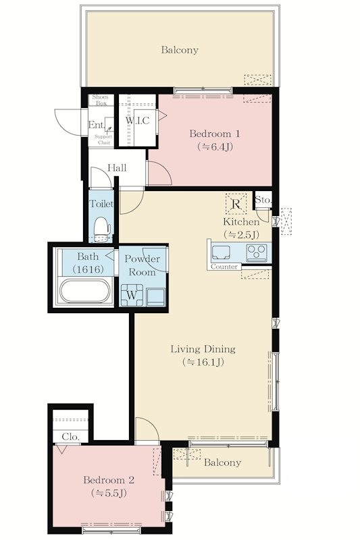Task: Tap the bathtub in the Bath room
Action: point(84,291)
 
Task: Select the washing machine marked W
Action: point(132,295)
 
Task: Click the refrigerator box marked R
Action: point(236,204)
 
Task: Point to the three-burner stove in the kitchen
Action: point(257,252)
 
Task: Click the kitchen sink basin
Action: point(221,252)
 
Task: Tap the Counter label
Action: point(224,267)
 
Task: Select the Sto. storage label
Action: point(263,200)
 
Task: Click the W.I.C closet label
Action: point(138,121)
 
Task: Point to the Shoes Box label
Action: point(100,100)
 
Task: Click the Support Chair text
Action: point(103,140)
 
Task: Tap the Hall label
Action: point(117,168)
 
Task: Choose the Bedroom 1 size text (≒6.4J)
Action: point(215,147)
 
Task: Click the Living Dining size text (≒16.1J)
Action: point(203,362)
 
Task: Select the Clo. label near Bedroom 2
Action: point(71,437)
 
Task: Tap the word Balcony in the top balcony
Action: point(180,50)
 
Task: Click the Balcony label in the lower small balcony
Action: point(222,462)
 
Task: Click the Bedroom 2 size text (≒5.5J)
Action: point(109,493)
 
